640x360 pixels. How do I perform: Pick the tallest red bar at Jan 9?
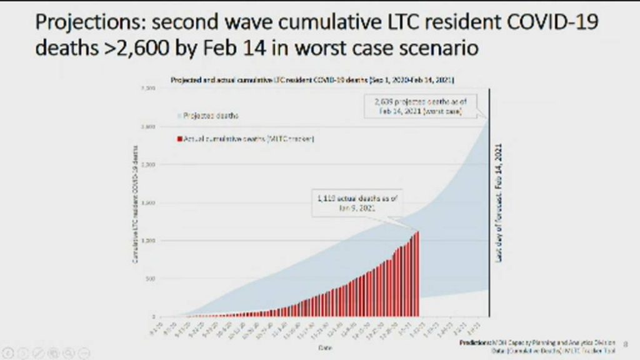[x=417, y=275]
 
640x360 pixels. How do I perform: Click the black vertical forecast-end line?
[x=488, y=250]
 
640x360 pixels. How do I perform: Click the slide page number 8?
[x=626, y=343]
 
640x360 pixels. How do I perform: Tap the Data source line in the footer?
[x=544, y=352]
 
